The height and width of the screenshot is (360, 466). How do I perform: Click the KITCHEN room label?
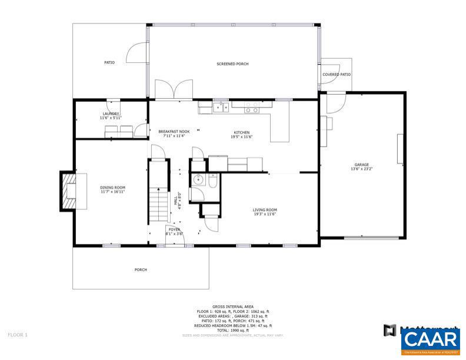click(x=241, y=132)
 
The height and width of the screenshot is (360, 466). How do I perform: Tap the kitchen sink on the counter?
click(x=221, y=107)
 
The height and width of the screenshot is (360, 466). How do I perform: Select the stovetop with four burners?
click(x=252, y=108)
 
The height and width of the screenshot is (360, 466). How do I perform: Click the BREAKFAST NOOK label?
click(x=174, y=131)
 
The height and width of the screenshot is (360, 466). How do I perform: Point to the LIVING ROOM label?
click(x=265, y=209)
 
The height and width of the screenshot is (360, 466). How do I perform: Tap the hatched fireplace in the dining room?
click(x=69, y=191)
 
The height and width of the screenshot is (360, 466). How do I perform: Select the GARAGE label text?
click(x=361, y=165)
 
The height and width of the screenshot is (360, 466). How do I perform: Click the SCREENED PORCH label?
click(x=232, y=64)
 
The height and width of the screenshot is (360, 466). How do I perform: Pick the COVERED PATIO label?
click(x=337, y=75)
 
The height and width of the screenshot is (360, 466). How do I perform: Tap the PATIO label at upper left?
click(x=109, y=62)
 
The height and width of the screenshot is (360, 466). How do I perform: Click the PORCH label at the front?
click(x=141, y=269)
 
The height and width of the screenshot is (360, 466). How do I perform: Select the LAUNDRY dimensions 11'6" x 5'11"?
click(x=110, y=118)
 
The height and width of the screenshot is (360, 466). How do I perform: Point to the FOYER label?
click(x=174, y=229)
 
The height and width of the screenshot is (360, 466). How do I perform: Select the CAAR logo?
click(x=431, y=339)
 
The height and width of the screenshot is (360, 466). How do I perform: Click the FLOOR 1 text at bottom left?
click(x=18, y=335)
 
